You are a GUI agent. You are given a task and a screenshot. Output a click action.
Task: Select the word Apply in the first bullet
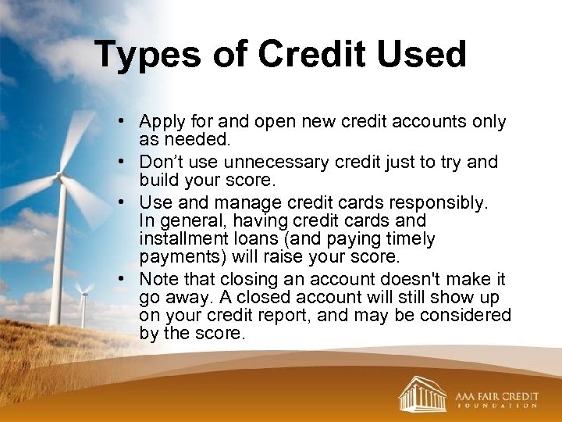159,123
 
